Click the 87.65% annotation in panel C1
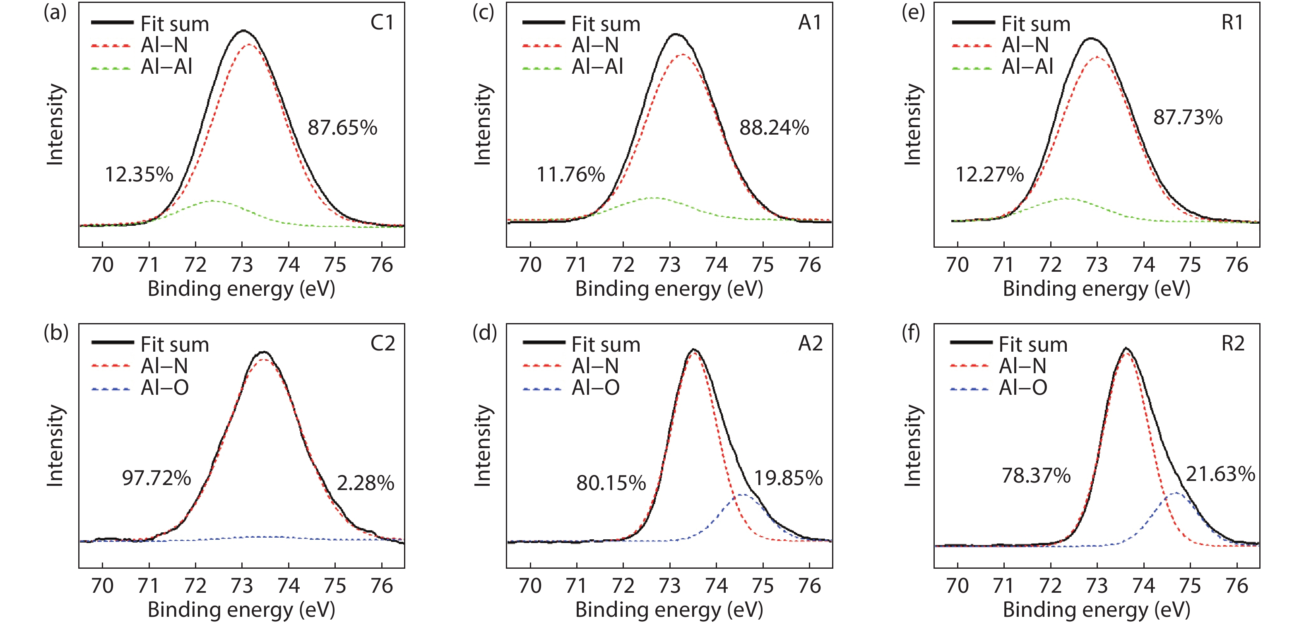tap(342, 128)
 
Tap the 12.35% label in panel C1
tap(139, 175)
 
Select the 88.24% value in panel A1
tap(774, 128)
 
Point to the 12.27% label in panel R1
tap(989, 175)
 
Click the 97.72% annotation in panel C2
tap(156, 478)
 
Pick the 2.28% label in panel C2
tap(366, 483)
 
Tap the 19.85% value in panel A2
tap(788, 478)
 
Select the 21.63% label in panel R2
tap(1220, 474)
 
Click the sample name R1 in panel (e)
tap(1232, 22)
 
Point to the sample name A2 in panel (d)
tap(810, 343)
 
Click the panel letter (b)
tap(56, 333)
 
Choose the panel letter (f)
tap(911, 333)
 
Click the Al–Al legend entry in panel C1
tap(166, 67)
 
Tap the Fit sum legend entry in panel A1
tap(605, 24)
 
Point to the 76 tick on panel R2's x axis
tap(1237, 586)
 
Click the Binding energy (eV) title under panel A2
tap(669, 609)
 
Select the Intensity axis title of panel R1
tap(913, 125)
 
